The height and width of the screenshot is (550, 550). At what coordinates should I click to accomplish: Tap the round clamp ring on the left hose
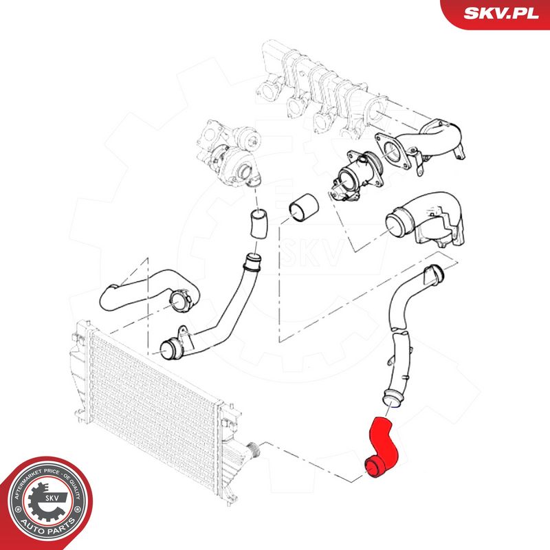click(177, 300)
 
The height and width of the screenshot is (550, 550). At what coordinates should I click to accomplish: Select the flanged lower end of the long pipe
click(172, 344)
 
